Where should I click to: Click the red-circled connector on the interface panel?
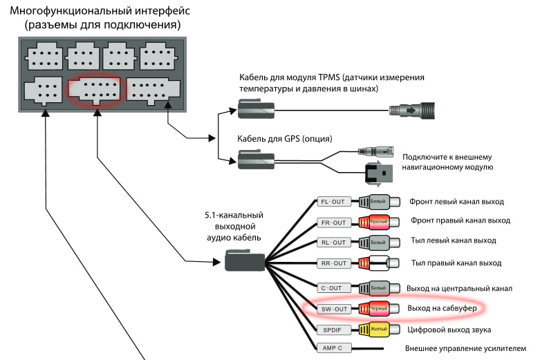pyautogui.click(x=94, y=91)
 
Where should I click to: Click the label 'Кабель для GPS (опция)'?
pyautogui.click(x=286, y=138)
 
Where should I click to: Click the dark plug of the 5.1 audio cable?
pyautogui.click(x=245, y=262)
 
